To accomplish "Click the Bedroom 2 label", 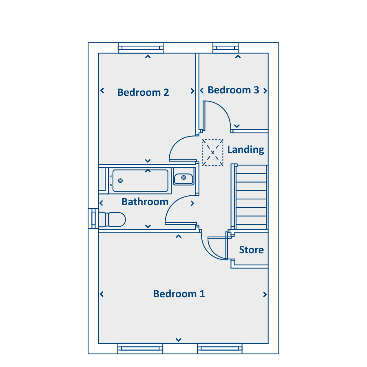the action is tap(143, 93).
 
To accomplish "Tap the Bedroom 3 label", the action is tap(233, 90).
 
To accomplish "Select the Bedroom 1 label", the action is tap(179, 294).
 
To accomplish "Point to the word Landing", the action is tap(245, 150).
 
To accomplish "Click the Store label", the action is tap(251, 250).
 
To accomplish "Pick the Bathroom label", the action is tap(145, 202).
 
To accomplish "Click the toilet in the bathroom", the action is tap(113, 219).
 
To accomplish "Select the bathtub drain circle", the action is tap(120, 181).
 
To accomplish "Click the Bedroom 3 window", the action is tap(226, 48).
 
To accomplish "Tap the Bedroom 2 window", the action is tap(141, 48).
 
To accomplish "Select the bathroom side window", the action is tap(93, 218).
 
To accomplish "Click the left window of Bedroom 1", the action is tap(140, 349).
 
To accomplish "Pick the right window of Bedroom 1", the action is tap(220, 349).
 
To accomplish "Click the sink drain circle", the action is tap(184, 178).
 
